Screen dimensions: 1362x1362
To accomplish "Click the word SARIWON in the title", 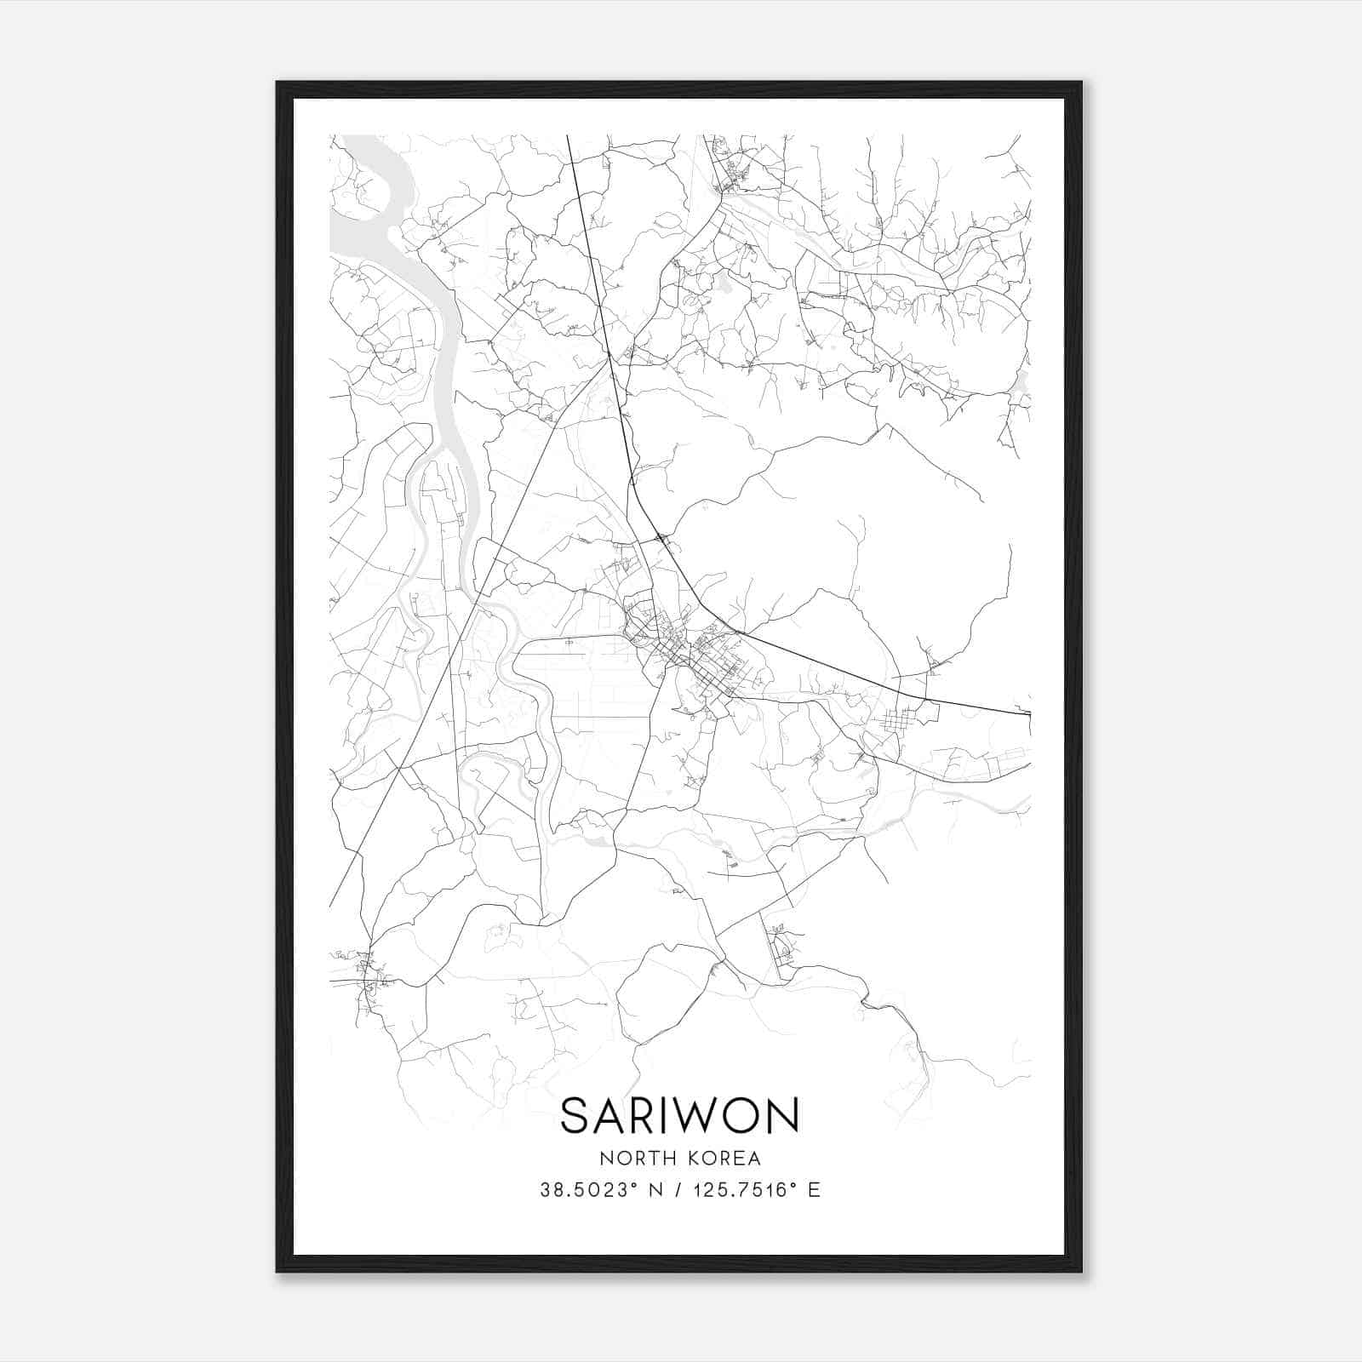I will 679,1115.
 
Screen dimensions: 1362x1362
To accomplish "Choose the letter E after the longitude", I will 815,1190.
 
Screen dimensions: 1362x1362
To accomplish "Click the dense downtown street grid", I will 698,664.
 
